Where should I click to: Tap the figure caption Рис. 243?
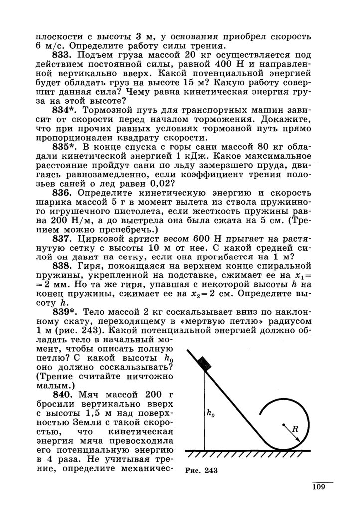pos(201,470)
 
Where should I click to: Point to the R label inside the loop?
pos(295,428)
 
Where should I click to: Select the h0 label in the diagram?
pos(211,413)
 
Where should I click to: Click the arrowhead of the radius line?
pos(298,439)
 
